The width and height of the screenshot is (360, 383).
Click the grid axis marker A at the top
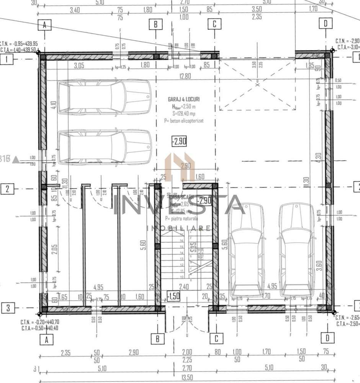click(45, 25)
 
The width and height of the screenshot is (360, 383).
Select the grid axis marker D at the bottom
click(327, 338)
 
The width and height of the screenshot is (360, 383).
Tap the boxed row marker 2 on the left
click(7, 188)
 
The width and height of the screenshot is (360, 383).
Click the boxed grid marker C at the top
click(214, 25)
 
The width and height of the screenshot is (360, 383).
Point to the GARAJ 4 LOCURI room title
click(183, 99)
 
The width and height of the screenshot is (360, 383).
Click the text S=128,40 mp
click(183, 113)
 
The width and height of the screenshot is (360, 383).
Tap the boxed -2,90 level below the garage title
click(179, 141)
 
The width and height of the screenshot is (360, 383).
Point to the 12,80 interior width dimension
click(185, 76)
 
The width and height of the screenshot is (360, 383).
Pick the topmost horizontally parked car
click(104, 97)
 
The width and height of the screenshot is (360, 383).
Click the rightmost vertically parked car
click(296, 250)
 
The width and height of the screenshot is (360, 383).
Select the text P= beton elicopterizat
click(183, 120)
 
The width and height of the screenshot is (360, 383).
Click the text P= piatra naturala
click(182, 219)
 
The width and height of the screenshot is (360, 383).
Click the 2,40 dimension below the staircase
click(184, 286)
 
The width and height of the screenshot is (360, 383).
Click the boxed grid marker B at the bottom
click(157, 339)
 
